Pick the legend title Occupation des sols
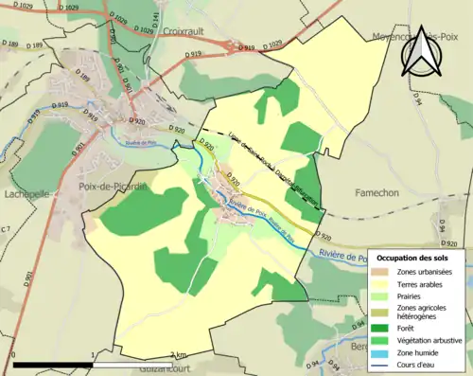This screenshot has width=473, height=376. (417, 258)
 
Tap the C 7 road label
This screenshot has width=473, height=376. (6, 229)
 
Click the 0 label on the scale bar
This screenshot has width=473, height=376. (13, 356)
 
